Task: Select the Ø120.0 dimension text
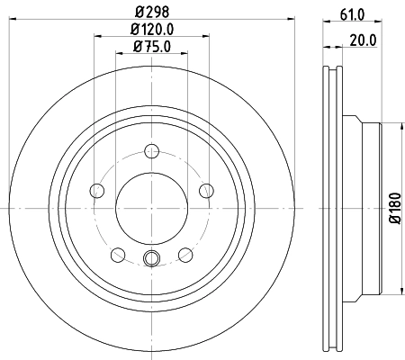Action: tap(151, 31)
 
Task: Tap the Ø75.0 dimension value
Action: tap(151, 47)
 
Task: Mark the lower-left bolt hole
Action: tap(118, 253)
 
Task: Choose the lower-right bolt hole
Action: tap(184, 253)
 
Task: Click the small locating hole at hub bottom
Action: tap(151, 261)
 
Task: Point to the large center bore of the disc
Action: tap(151, 208)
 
